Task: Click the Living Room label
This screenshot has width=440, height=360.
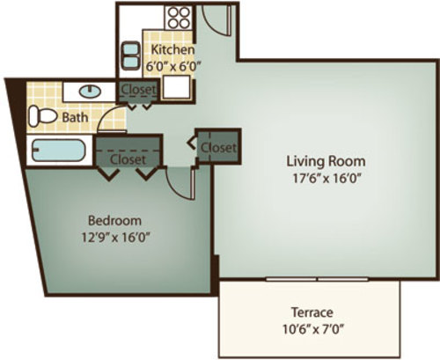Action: tap(326, 161)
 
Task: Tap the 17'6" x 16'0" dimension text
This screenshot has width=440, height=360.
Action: tap(326, 178)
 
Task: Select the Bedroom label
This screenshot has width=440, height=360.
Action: tap(114, 220)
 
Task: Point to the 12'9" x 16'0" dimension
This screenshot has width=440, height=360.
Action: tap(116, 237)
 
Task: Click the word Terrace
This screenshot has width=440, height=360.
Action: tap(312, 312)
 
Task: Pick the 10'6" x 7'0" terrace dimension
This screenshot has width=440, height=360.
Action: tap(313, 329)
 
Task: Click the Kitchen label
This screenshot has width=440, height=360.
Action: tap(172, 49)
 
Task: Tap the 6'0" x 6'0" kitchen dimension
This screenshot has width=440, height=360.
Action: tap(173, 66)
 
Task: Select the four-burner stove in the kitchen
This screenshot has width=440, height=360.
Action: tap(179, 18)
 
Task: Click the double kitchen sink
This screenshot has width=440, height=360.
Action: tap(130, 55)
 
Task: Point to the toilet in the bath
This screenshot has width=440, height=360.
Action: tap(42, 116)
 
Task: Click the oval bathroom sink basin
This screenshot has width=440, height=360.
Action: tap(90, 92)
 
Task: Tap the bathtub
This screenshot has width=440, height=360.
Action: tap(59, 151)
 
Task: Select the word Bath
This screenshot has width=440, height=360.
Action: tap(75, 117)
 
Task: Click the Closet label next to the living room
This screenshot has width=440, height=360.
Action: tap(218, 147)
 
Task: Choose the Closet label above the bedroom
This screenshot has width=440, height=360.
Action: tap(128, 159)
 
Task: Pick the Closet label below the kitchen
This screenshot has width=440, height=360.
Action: tap(138, 89)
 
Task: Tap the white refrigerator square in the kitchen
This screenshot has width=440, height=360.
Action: tap(177, 87)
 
